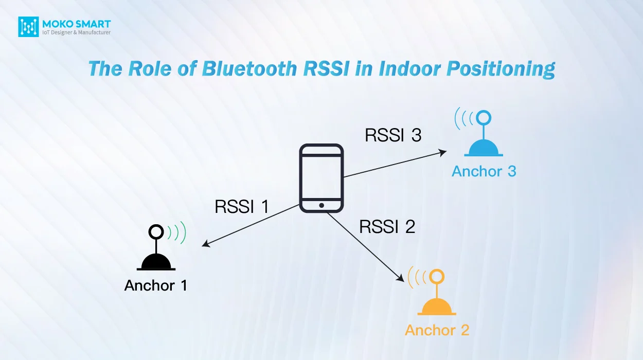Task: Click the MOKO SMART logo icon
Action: point(28,27)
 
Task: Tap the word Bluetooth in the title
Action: point(249,68)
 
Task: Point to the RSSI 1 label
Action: point(242,206)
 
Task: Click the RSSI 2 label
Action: point(387,226)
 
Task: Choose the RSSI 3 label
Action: point(393,135)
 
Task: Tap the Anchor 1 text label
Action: point(155,285)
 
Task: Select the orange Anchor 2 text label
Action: point(437,330)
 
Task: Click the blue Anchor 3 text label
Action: point(484,171)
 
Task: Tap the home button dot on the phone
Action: point(321,205)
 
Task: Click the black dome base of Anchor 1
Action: point(156,262)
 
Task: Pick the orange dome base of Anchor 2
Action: point(437,307)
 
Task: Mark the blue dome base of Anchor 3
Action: point(484,148)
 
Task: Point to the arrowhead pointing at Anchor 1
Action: point(206,243)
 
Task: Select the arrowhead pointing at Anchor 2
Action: point(401,278)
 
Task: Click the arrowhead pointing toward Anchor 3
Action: point(442,152)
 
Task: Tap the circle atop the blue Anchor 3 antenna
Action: point(484,118)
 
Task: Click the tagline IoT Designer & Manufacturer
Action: point(76,32)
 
